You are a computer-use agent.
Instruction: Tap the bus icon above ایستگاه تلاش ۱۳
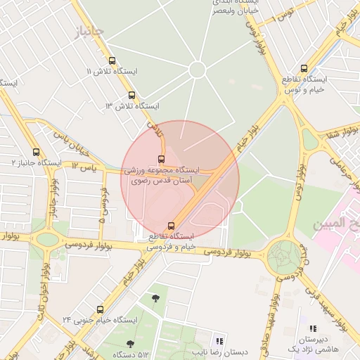[x=131, y=95]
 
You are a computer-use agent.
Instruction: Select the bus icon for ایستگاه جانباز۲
[x=37, y=152]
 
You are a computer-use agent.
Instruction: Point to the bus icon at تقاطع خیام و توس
[x=304, y=68]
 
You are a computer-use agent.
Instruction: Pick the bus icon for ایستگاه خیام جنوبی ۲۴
[x=100, y=309]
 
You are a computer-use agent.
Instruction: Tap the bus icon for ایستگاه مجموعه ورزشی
[x=162, y=160]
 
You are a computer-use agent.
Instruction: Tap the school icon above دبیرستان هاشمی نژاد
[x=313, y=328]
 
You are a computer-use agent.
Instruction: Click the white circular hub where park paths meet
[x=197, y=69]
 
